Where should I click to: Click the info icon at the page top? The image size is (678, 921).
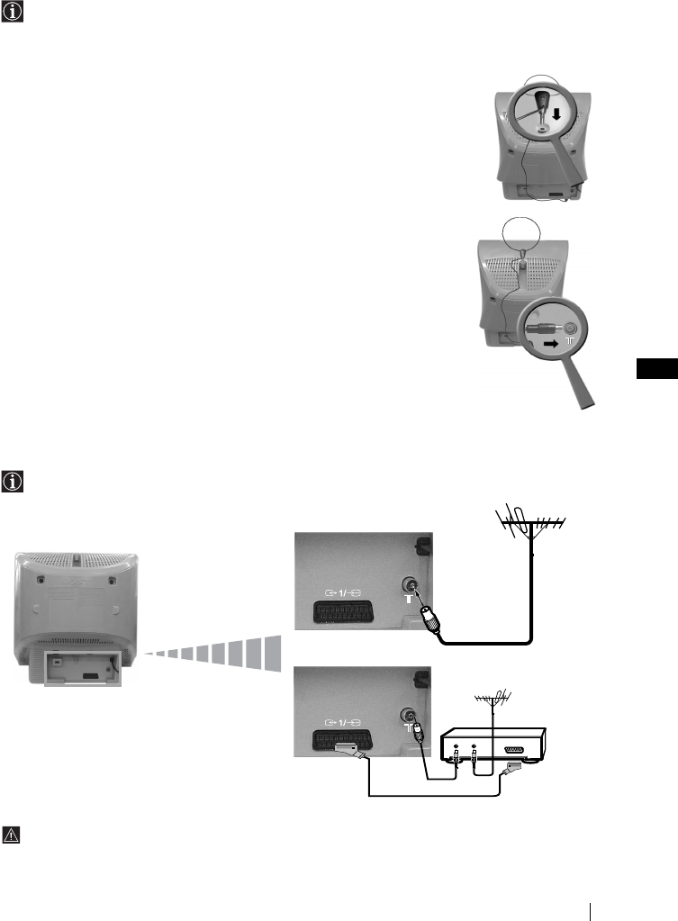[14, 14]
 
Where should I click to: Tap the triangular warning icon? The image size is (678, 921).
[14, 835]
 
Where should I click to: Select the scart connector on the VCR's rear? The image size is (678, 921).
[514, 748]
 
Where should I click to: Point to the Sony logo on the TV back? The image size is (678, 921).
[78, 559]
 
